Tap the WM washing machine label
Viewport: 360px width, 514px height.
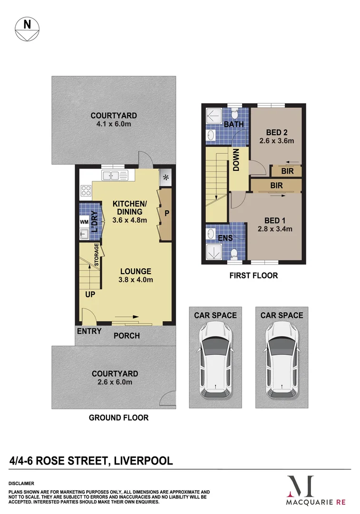(x=84, y=222)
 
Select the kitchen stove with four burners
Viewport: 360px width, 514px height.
(x=86, y=191)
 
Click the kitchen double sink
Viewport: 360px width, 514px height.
(x=115, y=176)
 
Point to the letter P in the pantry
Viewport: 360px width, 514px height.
(x=167, y=214)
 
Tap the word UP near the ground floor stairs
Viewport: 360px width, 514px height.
(x=90, y=294)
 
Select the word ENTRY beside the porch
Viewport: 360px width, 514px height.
(x=89, y=331)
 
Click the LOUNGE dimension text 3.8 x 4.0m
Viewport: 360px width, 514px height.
(x=136, y=280)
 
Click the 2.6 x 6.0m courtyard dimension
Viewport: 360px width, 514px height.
(x=115, y=382)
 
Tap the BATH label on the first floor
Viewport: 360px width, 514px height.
(x=234, y=125)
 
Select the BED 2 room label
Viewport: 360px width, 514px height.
(x=276, y=132)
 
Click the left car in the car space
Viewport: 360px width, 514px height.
(x=215, y=359)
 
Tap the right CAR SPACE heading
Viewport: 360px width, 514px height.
(x=282, y=315)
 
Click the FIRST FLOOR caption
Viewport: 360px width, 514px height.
(x=253, y=276)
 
